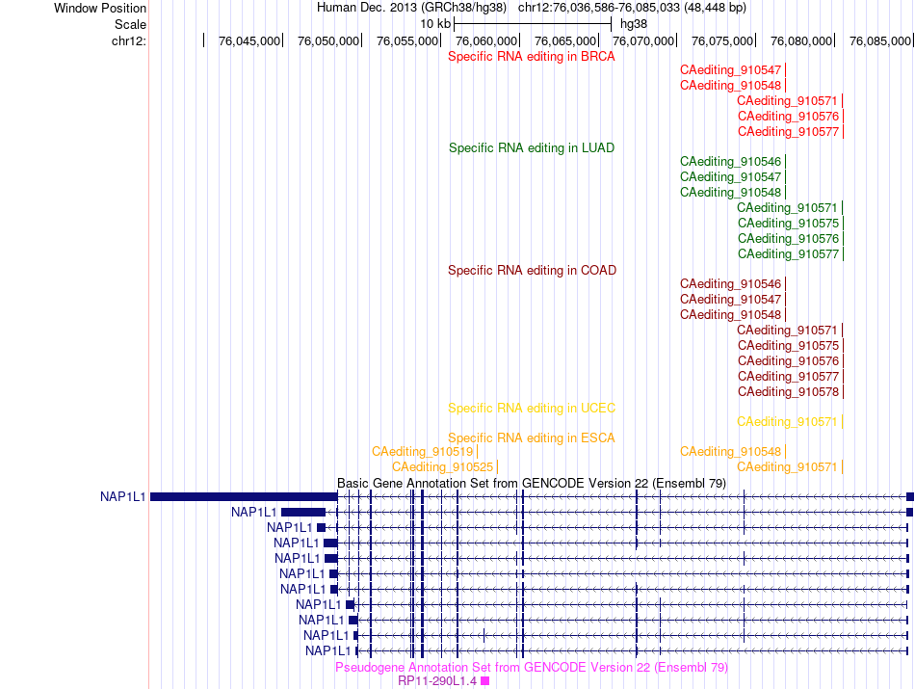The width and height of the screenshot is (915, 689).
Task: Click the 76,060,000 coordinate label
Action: click(486, 40)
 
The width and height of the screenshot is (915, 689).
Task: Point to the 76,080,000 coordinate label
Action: click(801, 40)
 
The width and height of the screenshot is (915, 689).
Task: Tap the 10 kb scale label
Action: click(435, 24)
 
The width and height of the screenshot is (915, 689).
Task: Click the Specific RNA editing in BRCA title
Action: click(531, 57)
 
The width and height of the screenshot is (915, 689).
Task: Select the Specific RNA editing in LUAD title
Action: click(532, 147)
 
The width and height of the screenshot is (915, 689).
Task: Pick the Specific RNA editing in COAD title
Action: click(533, 271)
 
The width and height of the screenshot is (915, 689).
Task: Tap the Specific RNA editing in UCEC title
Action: click(532, 409)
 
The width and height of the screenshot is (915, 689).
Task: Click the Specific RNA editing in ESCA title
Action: click(532, 437)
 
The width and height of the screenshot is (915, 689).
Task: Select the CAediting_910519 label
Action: click(423, 451)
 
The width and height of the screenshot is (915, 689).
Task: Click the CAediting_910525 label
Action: click(443, 467)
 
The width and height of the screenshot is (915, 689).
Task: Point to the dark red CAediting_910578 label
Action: click(789, 392)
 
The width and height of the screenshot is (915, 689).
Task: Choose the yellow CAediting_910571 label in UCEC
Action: click(787, 421)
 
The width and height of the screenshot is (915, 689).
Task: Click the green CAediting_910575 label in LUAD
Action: click(789, 223)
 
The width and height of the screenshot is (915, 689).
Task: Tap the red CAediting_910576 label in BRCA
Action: click(789, 117)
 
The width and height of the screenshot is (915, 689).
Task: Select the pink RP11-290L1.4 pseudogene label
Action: click(437, 681)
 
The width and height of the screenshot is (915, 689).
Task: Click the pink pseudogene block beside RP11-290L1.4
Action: click(484, 681)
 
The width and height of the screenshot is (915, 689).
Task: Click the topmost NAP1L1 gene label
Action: click(122, 497)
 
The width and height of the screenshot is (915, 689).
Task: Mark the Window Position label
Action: click(100, 8)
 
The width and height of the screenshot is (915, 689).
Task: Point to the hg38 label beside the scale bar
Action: click(634, 24)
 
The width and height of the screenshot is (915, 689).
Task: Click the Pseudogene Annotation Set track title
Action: click(532, 667)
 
